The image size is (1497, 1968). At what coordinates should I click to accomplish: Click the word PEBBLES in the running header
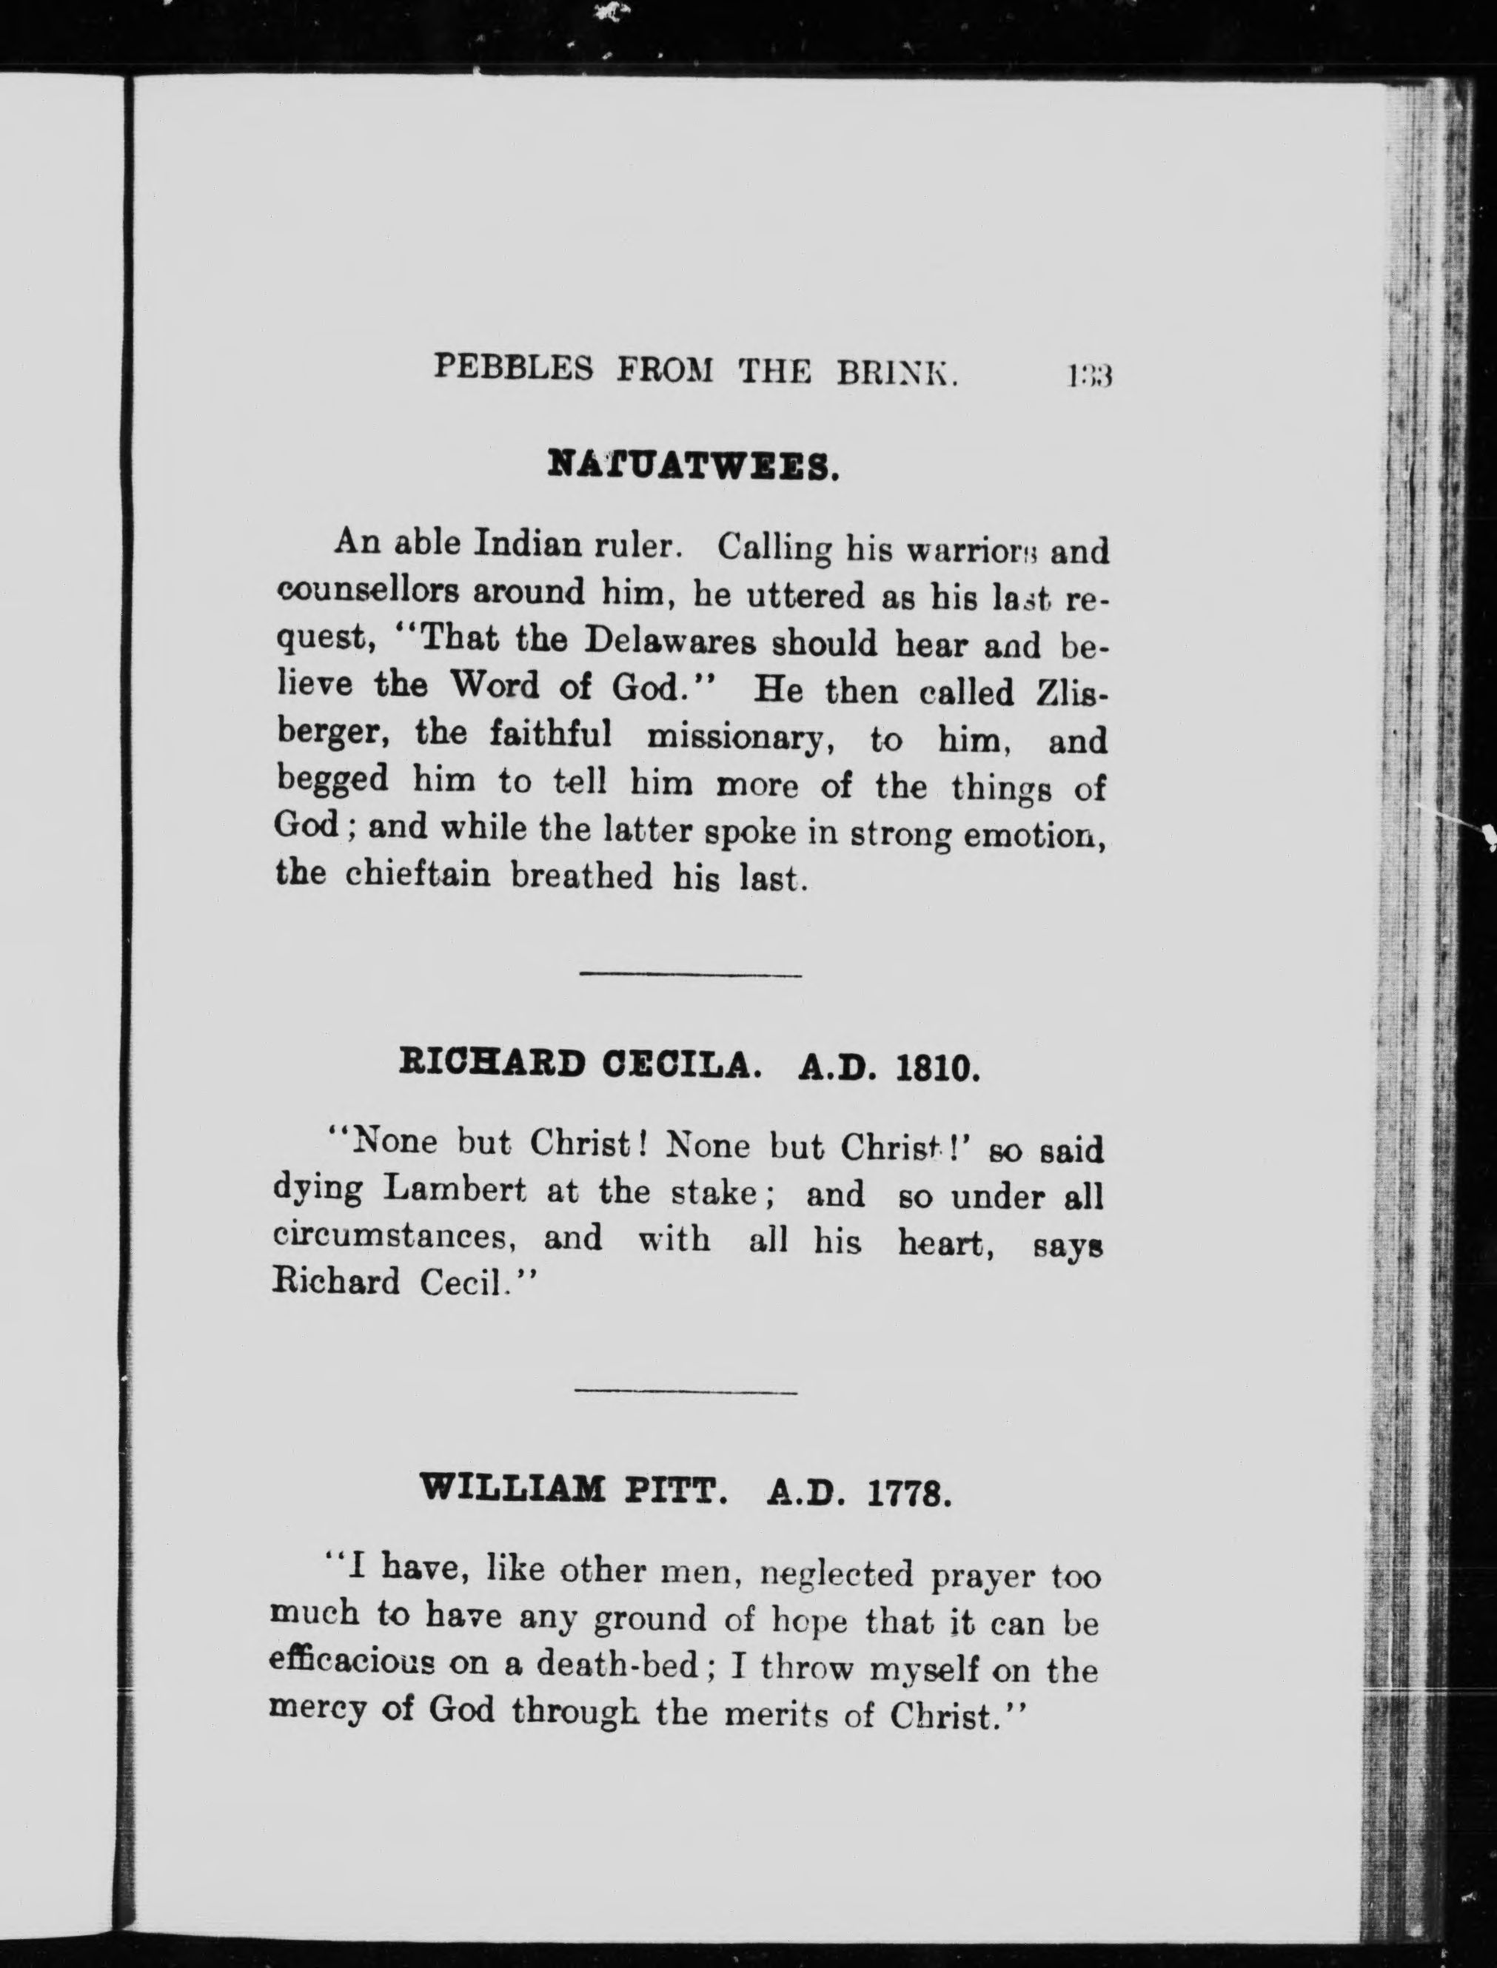512,367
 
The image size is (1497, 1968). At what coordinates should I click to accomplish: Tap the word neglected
835,1575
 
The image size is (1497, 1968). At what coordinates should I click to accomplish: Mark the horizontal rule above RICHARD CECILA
691,975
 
